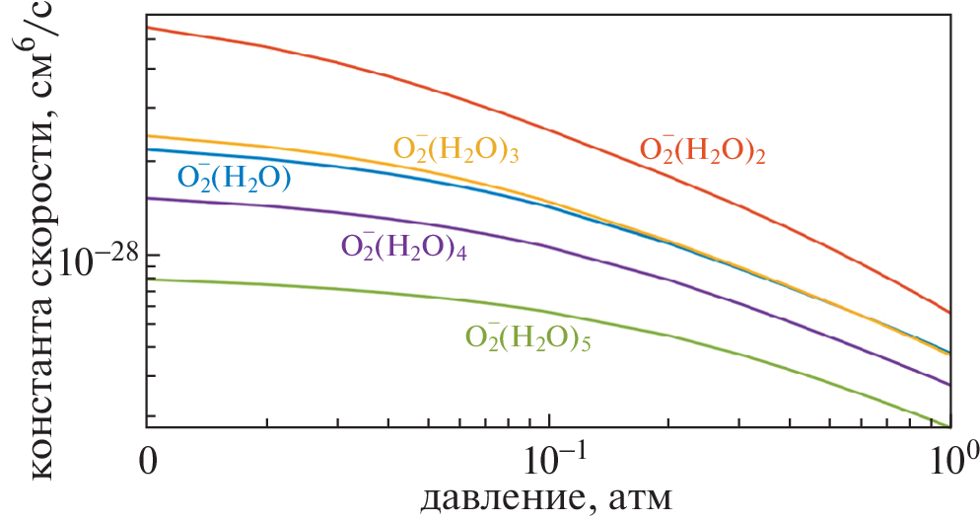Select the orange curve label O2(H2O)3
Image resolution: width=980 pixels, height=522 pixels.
coord(456,149)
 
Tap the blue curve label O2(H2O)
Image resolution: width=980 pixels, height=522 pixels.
coord(234,178)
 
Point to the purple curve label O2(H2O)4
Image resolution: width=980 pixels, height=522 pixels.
coord(403,247)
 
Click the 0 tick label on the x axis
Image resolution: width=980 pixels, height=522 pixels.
coord(147,458)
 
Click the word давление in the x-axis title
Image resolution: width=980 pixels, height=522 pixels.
coord(499,499)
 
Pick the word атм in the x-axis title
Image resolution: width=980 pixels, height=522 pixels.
coord(640,500)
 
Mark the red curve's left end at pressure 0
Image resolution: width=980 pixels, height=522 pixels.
coord(147,28)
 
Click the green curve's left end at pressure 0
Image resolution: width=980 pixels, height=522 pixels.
coord(147,280)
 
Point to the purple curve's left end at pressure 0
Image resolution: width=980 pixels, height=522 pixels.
coord(147,198)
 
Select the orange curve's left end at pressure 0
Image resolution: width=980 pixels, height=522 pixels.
coord(147,136)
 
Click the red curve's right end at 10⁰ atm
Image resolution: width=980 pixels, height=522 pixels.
coord(948,313)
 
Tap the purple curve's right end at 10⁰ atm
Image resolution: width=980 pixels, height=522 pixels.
coord(948,385)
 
